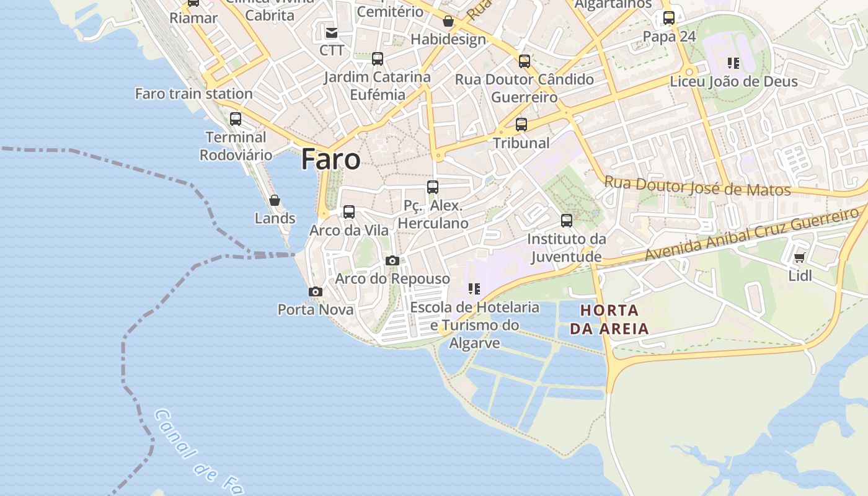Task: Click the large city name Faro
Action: [x=330, y=159]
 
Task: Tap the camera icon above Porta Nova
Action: [x=316, y=291]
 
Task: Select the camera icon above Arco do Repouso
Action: [x=392, y=260]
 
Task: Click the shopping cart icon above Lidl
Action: [x=800, y=258]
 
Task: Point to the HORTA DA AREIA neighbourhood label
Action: [x=609, y=319]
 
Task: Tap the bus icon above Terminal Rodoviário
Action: [x=236, y=119]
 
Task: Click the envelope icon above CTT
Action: [x=332, y=33]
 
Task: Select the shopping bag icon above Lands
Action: [x=275, y=200]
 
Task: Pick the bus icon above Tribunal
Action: [x=521, y=125]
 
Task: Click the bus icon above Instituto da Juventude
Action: [x=567, y=221]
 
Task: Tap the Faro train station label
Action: [x=194, y=94]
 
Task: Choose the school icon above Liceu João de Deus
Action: [x=733, y=63]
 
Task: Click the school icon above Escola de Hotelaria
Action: [x=474, y=289]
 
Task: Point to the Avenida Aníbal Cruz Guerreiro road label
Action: [x=751, y=235]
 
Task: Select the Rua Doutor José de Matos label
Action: [x=697, y=187]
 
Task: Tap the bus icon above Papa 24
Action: [x=669, y=18]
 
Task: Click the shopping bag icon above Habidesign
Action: [x=448, y=22]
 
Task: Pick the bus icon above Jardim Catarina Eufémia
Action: [x=378, y=60]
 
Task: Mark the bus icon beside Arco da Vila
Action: [x=349, y=212]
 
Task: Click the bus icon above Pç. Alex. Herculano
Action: [x=433, y=187]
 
